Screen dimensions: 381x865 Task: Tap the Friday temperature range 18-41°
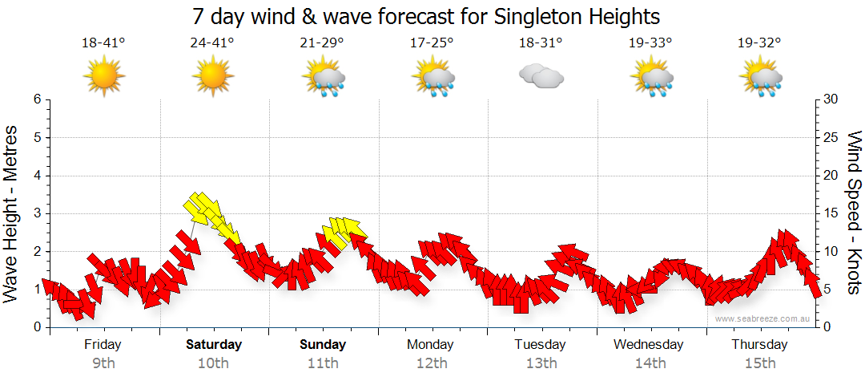pos(103,43)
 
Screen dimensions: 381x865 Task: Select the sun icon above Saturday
pos(212,77)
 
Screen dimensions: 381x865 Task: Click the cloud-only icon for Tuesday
pos(541,77)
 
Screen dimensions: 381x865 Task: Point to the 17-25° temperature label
pos(432,43)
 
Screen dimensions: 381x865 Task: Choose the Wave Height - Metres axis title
pos(11,213)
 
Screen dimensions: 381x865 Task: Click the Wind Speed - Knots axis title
pos(853,213)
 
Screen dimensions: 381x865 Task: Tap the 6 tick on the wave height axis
pos(36,99)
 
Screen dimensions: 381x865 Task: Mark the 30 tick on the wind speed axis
pos(831,99)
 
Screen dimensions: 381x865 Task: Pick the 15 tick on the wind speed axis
pos(831,213)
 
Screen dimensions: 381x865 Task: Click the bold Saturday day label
pos(214,345)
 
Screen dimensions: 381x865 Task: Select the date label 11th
pos(323,363)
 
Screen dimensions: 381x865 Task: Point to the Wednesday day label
pos(649,345)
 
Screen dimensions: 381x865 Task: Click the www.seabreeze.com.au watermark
pos(763,318)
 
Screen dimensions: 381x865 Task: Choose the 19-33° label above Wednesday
pos(650,43)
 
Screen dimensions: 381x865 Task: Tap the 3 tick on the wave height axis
pos(36,213)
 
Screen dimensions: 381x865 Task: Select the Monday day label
pos(432,345)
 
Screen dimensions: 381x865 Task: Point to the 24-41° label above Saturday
pos(213,43)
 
